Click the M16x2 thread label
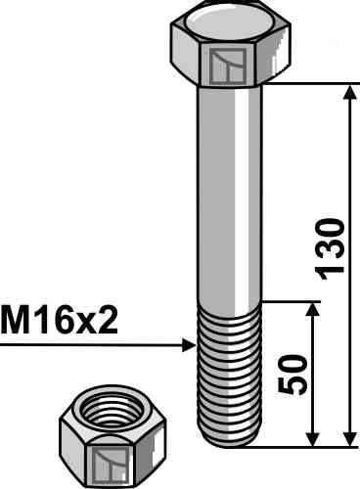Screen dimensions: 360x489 [x=60, y=321]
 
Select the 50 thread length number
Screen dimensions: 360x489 [x=292, y=374]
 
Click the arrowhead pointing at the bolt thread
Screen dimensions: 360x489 [x=189, y=345]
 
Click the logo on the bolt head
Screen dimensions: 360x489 [x=228, y=66]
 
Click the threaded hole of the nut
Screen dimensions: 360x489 [x=112, y=409]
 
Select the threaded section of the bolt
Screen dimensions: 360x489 [x=229, y=375]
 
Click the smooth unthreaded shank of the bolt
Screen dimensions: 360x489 [x=229, y=194]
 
